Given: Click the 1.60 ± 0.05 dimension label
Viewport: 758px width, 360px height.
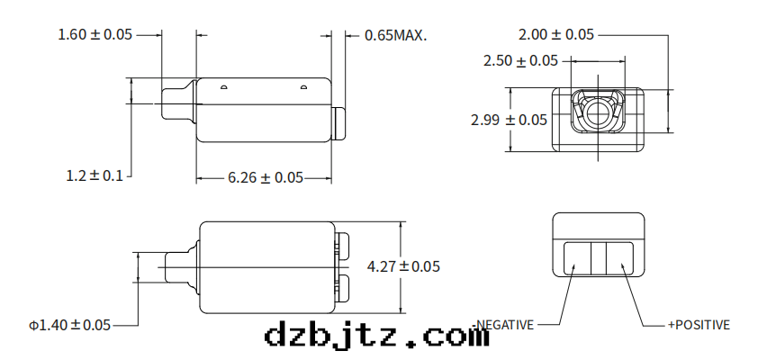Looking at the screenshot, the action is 95,34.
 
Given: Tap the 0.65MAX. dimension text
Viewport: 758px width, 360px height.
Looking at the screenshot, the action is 396,35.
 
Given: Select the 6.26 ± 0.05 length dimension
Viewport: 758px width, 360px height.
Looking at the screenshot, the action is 266,178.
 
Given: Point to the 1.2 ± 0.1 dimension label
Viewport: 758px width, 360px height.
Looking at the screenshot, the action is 95,175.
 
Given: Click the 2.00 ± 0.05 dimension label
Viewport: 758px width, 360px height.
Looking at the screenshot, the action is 556,34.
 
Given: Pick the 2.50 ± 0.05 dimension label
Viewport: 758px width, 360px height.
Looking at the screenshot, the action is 520,61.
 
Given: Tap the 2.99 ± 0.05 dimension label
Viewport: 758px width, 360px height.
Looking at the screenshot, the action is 509,120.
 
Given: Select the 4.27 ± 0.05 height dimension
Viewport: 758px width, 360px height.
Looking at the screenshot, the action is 403,266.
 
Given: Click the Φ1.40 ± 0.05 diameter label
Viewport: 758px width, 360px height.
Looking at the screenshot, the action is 69,325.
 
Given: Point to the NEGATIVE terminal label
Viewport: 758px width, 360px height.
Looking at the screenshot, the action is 505,325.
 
